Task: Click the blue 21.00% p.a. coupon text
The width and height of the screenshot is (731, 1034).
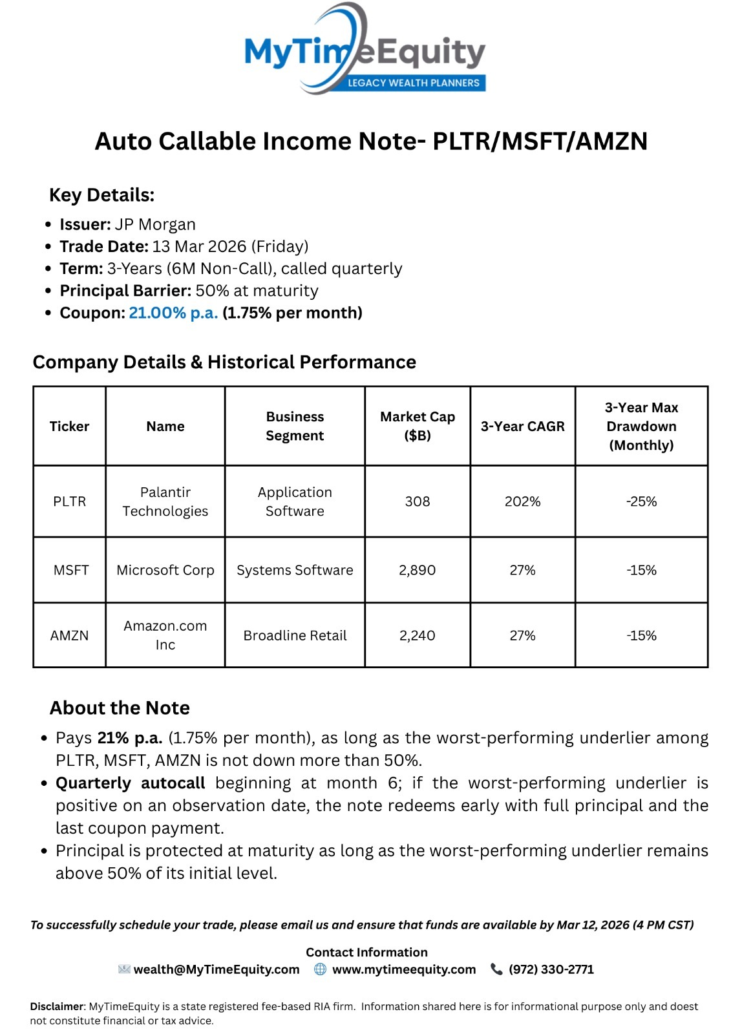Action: click(x=173, y=313)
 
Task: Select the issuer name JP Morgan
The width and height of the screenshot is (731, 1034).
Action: click(x=155, y=224)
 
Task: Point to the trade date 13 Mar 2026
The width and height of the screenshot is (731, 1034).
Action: click(x=199, y=246)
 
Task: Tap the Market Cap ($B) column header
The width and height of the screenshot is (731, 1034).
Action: click(x=418, y=426)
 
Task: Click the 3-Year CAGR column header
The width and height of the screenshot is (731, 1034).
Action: click(x=522, y=426)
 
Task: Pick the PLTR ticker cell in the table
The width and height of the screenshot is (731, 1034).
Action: click(x=69, y=501)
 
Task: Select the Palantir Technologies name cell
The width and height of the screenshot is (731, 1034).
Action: click(x=165, y=501)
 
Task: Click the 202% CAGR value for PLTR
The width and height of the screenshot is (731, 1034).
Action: click(x=522, y=501)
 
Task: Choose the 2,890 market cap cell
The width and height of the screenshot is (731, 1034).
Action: click(x=418, y=570)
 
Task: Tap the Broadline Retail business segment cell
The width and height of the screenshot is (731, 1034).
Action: click(x=295, y=635)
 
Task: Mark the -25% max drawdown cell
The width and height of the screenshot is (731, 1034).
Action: click(x=641, y=501)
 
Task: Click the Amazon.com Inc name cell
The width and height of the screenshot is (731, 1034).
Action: click(x=165, y=635)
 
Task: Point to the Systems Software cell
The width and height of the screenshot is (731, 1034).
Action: click(x=295, y=570)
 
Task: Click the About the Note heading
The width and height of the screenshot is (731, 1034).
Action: click(x=120, y=708)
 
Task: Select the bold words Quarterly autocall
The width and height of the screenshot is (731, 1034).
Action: click(x=130, y=783)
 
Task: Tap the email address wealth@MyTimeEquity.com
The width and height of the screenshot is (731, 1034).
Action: click(x=217, y=969)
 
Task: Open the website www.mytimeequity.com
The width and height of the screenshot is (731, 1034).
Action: click(x=404, y=969)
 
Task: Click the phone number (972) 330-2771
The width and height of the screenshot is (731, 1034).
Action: click(x=551, y=969)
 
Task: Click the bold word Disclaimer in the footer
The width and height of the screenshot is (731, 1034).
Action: click(x=57, y=1006)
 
